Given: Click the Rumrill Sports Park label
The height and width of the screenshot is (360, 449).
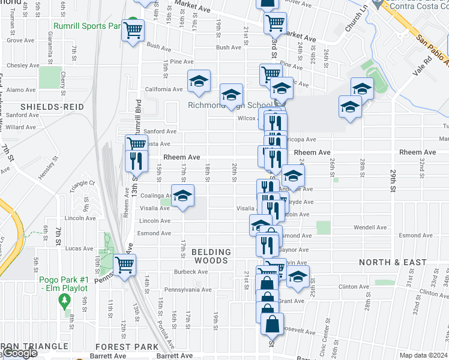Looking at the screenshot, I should [x=87, y=26].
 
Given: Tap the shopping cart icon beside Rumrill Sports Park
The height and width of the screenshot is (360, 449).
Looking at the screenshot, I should [x=133, y=29].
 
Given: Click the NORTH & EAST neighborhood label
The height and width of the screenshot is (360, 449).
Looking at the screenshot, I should [x=393, y=262].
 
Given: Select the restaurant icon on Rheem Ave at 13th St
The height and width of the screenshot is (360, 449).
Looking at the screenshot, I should [x=136, y=160].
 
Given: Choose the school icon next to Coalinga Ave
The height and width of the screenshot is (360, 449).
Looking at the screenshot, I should [x=183, y=196].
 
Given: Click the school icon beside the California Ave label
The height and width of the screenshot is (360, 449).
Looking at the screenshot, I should [x=199, y=81].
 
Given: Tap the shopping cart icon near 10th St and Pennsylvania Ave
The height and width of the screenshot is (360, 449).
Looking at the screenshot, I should [x=125, y=265].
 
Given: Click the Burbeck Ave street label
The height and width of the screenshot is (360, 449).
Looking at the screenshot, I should [x=191, y=272].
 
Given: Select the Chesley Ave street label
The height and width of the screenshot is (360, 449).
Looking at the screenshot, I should [x=23, y=65].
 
